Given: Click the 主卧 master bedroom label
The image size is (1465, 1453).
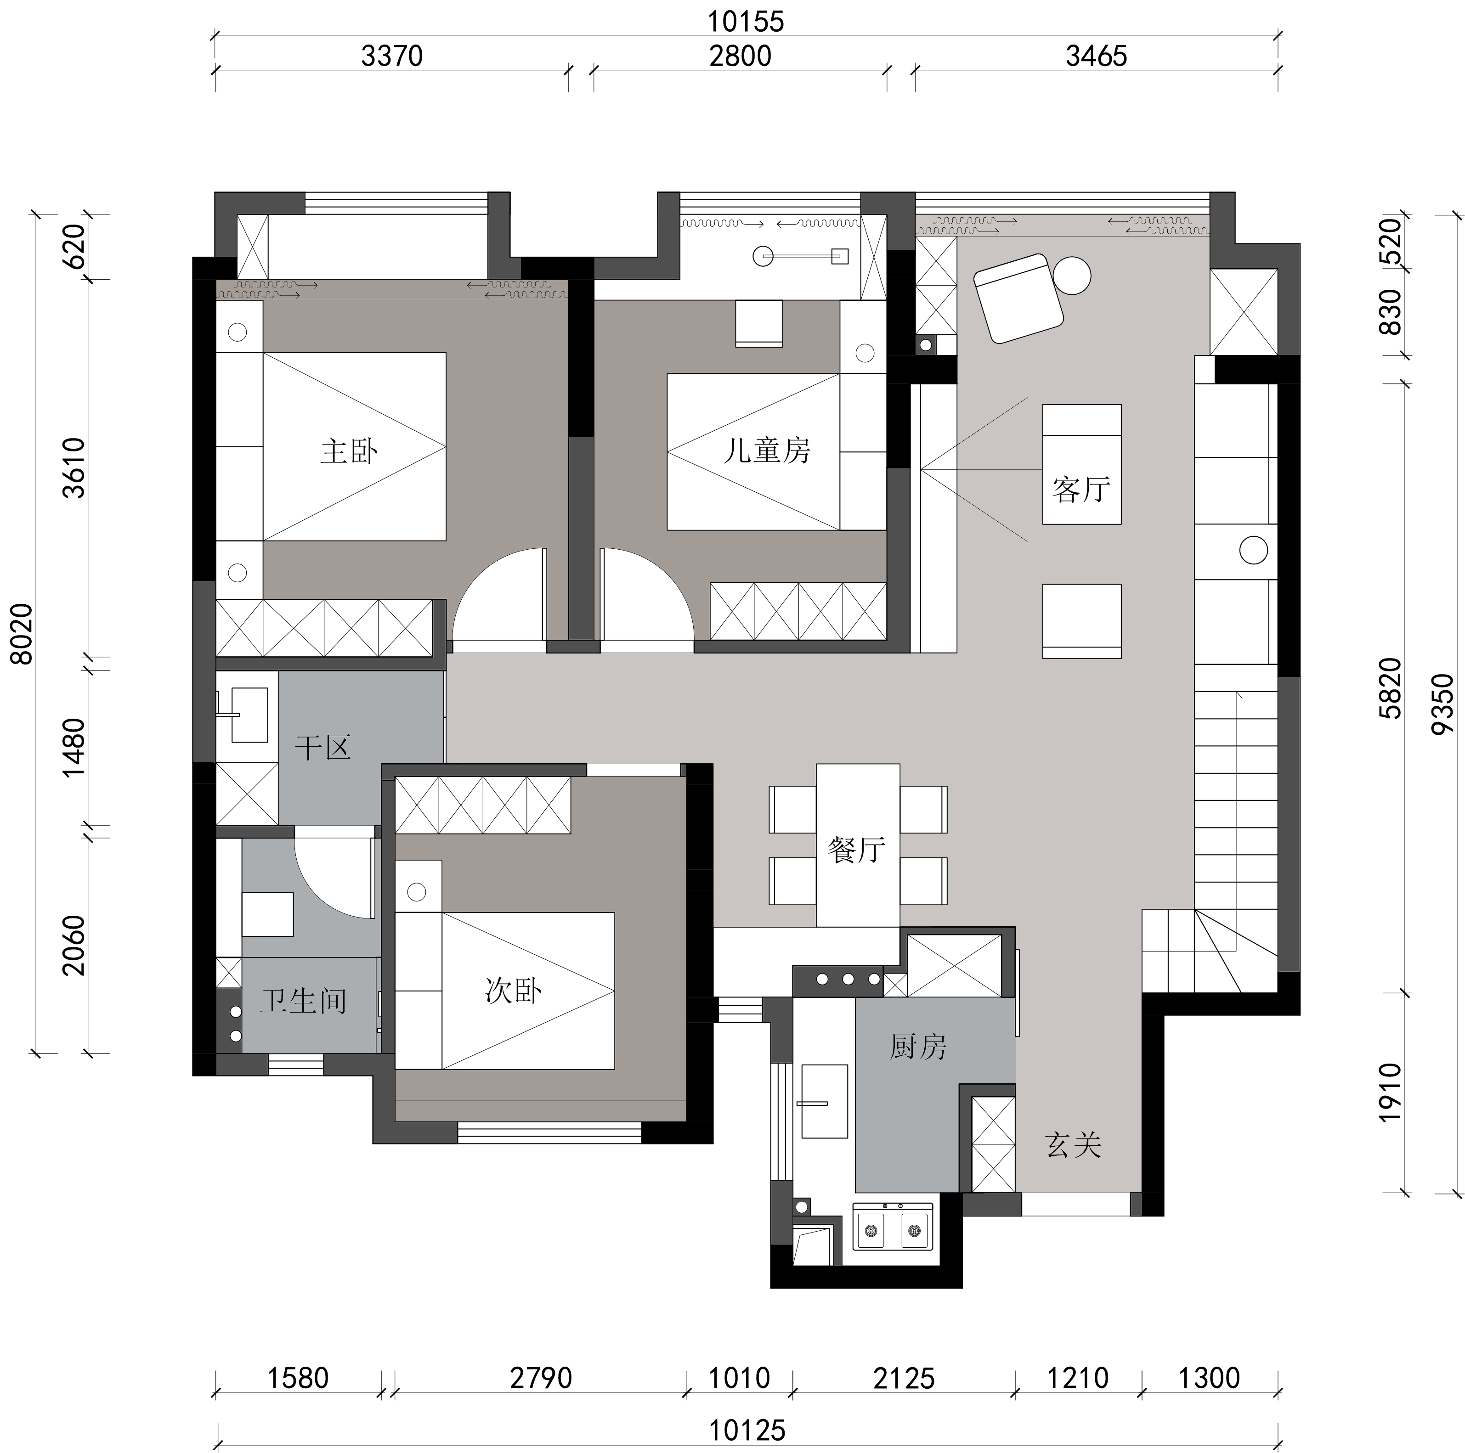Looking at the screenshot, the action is point(349,452).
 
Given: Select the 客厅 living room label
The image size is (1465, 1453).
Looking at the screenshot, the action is point(1081,490).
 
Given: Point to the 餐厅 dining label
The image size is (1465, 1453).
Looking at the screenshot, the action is point(857,850).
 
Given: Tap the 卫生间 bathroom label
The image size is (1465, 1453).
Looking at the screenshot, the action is point(303,1001).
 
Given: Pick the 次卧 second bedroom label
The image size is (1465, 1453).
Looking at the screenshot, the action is point(513,991).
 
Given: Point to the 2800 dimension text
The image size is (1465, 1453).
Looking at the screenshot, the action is point(740,56).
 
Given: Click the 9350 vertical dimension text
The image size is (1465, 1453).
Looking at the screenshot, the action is point(1442,704).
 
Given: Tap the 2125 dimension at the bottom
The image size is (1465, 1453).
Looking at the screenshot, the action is point(904,1379).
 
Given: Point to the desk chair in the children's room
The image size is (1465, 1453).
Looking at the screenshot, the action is point(759,324).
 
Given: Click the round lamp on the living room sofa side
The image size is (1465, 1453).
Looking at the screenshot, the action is point(1253,550).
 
